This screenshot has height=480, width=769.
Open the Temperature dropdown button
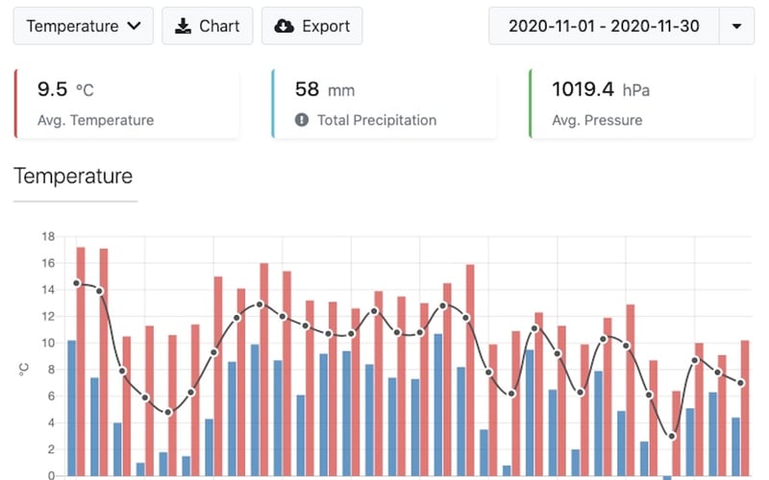tap(84, 26)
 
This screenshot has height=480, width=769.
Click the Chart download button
tap(207, 26)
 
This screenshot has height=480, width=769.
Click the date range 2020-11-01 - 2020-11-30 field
tap(604, 26)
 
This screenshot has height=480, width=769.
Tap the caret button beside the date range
tap(736, 26)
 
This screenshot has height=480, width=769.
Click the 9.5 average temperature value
tap(52, 90)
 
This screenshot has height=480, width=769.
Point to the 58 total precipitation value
tap(307, 90)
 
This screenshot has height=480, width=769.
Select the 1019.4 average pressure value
tap(583, 90)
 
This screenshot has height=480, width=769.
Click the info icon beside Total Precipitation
tap(301, 121)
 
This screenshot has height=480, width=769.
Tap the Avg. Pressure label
tap(597, 121)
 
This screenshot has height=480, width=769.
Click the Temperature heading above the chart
tap(73, 176)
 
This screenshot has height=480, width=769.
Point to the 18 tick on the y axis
tap(49, 236)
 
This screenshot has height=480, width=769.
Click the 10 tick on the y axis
tap(49, 343)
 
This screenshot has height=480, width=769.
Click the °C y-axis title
tap(24, 368)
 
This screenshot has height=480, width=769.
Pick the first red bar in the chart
tap(81, 360)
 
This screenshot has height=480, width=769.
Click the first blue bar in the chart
tap(71, 407)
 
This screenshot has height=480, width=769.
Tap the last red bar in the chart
tap(745, 407)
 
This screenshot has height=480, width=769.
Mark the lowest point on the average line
tap(672, 436)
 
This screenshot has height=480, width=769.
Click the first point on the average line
tap(77, 283)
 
